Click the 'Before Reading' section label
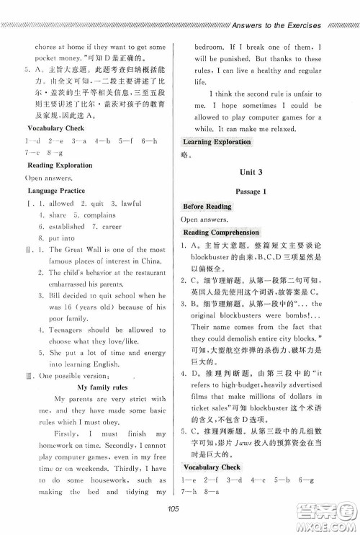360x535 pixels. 207,206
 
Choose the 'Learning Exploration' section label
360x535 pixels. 217,142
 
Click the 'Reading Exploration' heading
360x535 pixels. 60,165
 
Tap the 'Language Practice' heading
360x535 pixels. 58,190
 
